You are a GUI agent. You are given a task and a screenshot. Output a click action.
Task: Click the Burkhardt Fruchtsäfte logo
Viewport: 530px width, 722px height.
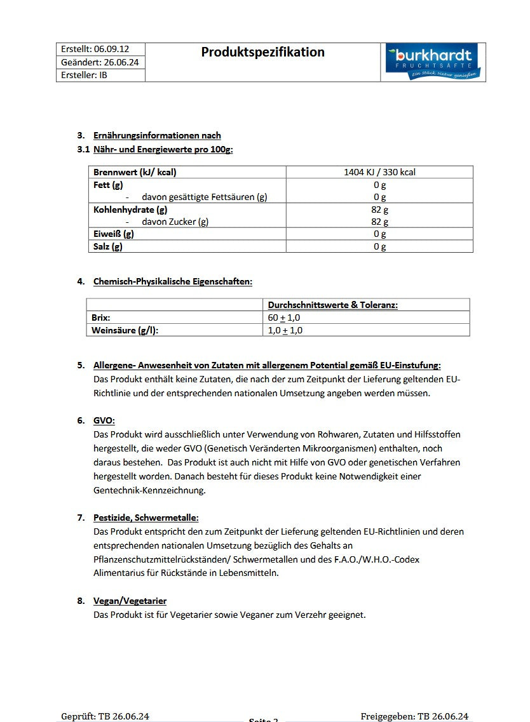point(433,62)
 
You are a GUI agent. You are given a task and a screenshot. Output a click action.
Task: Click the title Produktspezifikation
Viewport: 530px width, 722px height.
point(262,52)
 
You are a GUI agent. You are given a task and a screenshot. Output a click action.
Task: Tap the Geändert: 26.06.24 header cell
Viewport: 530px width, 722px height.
point(100,62)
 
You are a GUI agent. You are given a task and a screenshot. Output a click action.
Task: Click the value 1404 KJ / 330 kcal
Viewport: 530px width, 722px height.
point(379,172)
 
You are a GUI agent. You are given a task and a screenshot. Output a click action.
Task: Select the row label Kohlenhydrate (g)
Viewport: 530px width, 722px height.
point(130,210)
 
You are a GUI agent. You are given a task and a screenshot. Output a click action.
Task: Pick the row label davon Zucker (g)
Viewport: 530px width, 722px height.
point(175,222)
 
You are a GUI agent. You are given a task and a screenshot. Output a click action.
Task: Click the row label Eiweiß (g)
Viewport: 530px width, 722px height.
point(114,234)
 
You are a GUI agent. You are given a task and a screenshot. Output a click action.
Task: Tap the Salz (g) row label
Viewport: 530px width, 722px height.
point(108,246)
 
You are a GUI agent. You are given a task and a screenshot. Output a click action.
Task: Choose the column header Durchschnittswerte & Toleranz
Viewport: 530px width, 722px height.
point(332,305)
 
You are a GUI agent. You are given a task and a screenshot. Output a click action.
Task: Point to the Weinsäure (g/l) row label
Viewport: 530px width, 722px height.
point(125,330)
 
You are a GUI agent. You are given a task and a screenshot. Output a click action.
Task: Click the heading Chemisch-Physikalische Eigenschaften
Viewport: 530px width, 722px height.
point(172,281)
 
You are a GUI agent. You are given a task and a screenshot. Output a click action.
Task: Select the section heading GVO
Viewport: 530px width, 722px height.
point(104,420)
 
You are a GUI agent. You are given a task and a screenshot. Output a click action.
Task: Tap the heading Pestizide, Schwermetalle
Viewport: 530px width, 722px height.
point(146,518)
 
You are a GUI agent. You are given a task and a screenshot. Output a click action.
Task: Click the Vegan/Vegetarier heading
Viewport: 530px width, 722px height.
point(130,601)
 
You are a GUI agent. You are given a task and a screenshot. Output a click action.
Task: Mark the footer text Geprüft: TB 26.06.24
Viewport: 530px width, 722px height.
point(105,716)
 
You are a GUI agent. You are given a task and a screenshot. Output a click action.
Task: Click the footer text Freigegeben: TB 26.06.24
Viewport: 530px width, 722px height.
point(414,716)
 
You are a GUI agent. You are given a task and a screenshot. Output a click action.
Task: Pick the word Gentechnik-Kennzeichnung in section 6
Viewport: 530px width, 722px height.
point(149,491)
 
